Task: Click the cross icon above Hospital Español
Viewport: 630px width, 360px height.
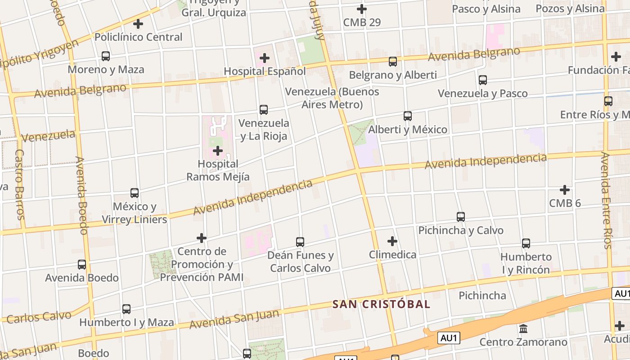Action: click(265, 58)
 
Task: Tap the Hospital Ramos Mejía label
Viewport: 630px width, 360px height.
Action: click(218, 171)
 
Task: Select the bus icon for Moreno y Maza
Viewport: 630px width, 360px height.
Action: click(106, 56)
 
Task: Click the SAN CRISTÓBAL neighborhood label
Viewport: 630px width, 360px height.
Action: click(381, 304)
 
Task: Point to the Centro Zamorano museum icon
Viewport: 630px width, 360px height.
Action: click(523, 329)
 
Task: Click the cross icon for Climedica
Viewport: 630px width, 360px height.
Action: click(392, 241)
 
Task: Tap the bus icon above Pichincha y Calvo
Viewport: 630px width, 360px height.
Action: click(461, 217)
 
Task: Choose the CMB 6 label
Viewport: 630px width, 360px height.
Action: click(565, 203)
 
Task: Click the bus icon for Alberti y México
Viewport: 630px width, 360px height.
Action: click(408, 116)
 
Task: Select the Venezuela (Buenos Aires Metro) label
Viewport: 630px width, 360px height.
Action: click(332, 98)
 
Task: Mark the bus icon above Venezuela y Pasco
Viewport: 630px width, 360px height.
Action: click(483, 80)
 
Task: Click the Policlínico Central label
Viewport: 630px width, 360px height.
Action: click(139, 37)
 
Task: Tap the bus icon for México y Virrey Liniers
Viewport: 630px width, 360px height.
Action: click(135, 193)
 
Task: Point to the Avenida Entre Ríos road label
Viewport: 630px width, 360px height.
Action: click(607, 200)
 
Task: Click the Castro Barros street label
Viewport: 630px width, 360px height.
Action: click(20, 184)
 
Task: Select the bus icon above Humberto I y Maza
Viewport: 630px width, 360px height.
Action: click(126, 309)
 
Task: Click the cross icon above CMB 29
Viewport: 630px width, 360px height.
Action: click(361, 9)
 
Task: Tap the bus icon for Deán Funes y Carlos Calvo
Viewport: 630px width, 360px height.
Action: click(300, 242)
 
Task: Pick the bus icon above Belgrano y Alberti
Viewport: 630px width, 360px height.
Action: click(393, 62)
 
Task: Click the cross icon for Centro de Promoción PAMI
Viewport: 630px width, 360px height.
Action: click(202, 238)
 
